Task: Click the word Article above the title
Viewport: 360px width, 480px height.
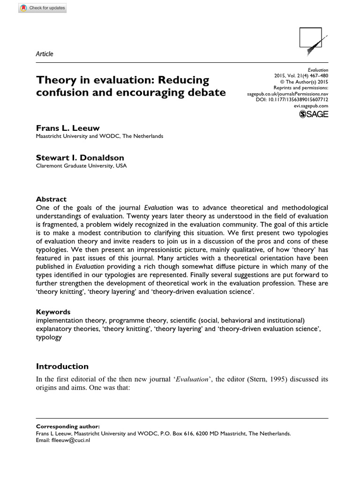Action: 45,54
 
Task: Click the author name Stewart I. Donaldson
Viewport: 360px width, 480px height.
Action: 81,158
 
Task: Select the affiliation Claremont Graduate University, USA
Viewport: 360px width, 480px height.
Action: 81,166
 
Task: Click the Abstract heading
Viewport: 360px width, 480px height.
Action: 51,199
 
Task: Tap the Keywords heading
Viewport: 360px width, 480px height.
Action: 53,312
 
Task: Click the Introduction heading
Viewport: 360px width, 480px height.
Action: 62,366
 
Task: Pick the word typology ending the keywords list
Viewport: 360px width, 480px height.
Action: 49,337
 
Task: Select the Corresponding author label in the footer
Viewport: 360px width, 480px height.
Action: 67,427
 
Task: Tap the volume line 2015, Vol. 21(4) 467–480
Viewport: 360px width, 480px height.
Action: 301,76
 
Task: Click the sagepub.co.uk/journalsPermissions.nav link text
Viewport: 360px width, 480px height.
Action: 287,94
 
